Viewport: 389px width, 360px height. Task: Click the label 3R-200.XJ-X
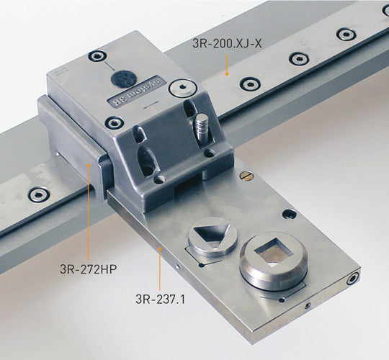(228, 44)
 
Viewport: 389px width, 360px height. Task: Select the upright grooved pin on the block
(201, 129)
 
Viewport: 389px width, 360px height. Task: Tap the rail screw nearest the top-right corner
(346, 35)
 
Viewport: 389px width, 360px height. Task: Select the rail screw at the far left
(37, 194)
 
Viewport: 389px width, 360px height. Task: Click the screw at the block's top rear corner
(93, 55)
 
